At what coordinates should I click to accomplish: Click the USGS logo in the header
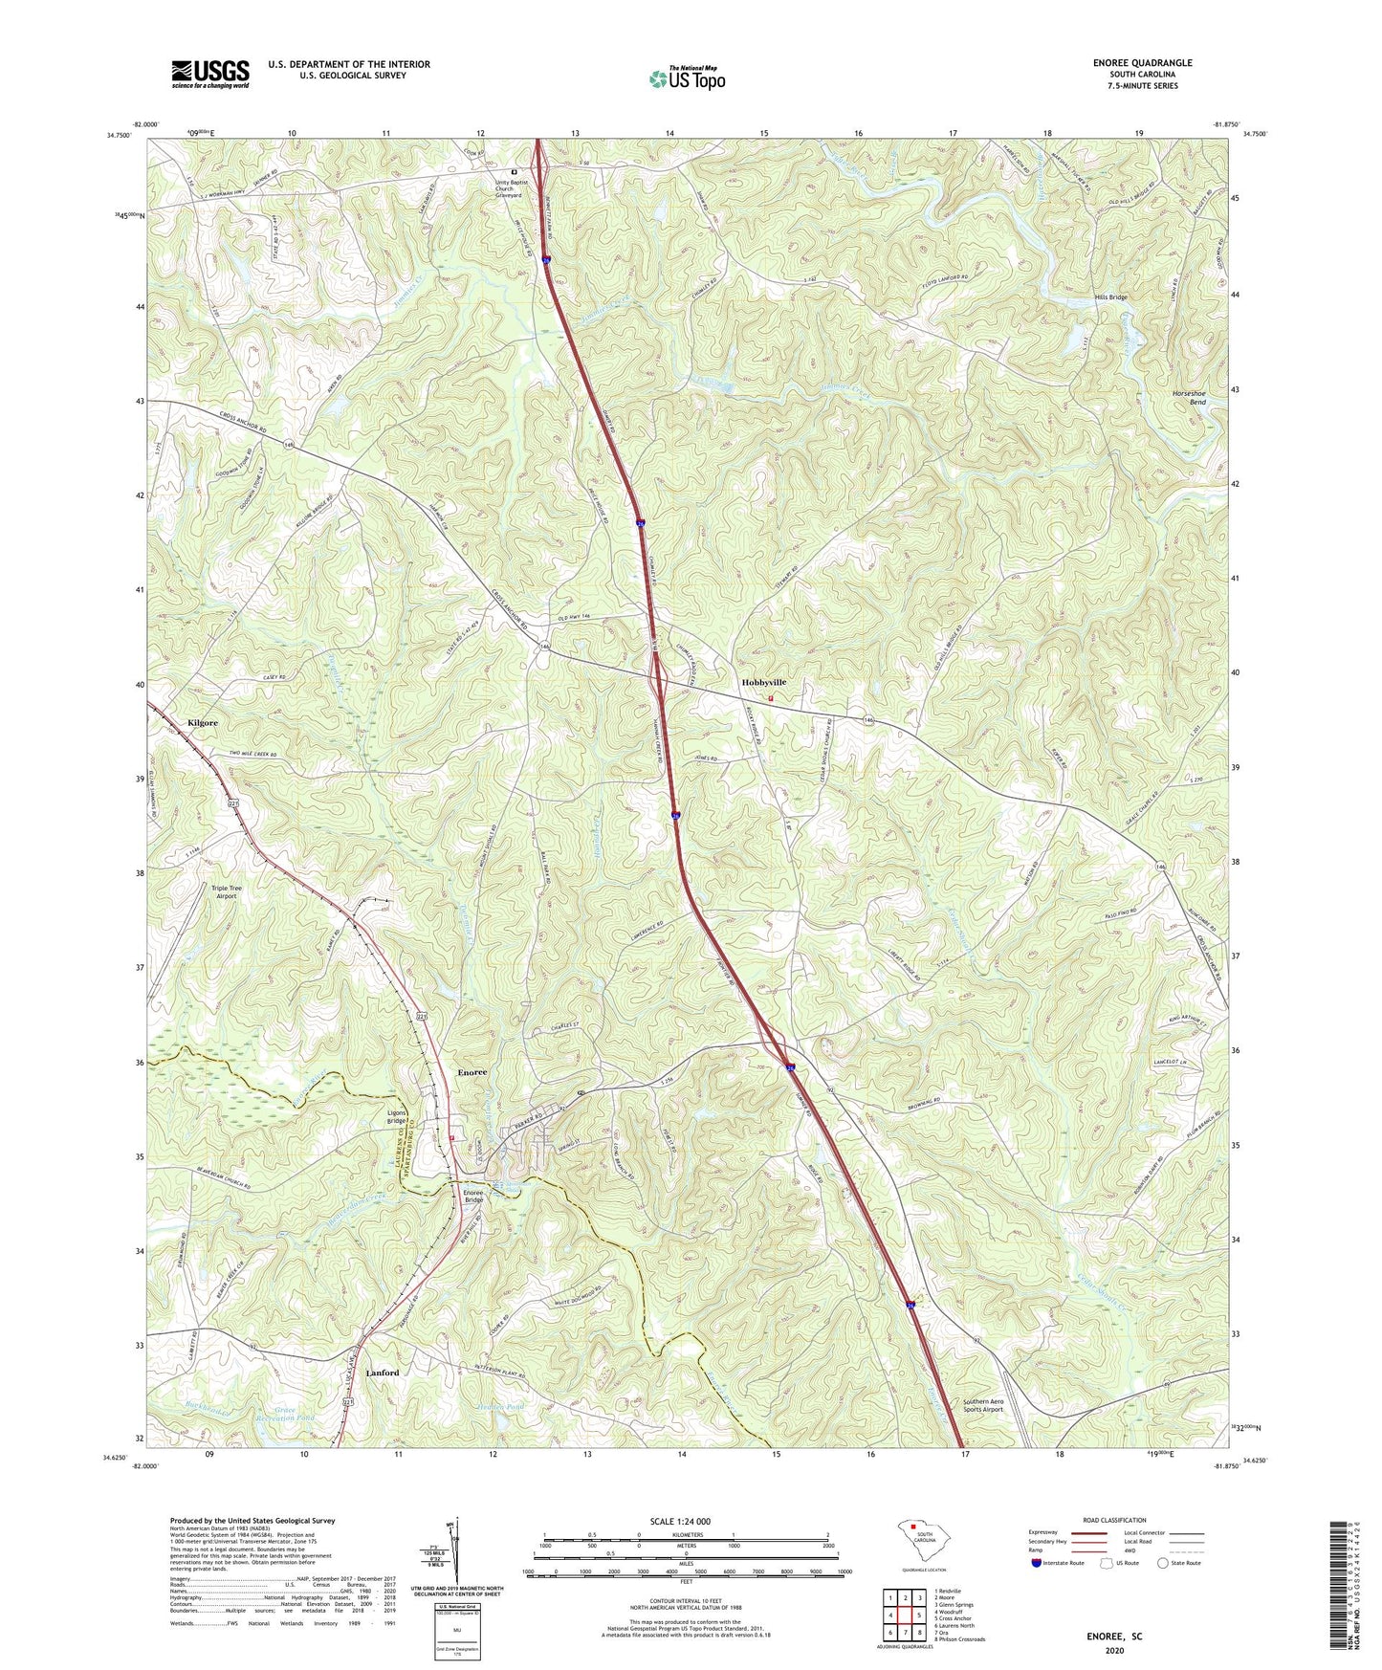(x=209, y=73)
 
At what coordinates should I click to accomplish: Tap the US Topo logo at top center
(x=686, y=78)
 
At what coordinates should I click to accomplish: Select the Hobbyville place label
(x=763, y=682)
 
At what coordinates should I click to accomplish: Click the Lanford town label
(x=383, y=1373)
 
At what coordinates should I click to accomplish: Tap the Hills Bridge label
(x=1110, y=297)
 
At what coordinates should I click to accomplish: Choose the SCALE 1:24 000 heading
(x=686, y=1521)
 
